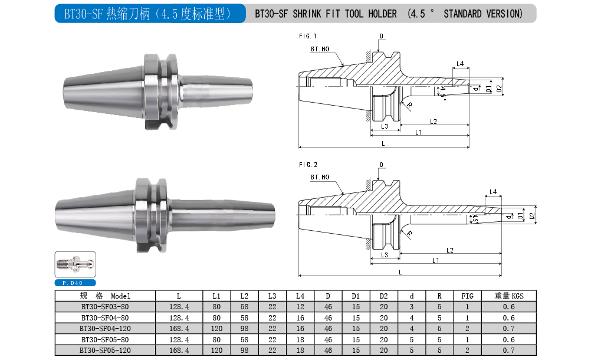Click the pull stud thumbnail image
point(75,264)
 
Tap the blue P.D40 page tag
point(75,283)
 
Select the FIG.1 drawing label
point(307,36)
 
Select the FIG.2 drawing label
point(308,165)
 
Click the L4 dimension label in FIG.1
point(460,64)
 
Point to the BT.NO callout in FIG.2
point(320,177)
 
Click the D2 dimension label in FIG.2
point(532,216)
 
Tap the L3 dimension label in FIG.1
point(385,126)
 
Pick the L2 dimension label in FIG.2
point(449,250)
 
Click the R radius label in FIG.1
point(409,105)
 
